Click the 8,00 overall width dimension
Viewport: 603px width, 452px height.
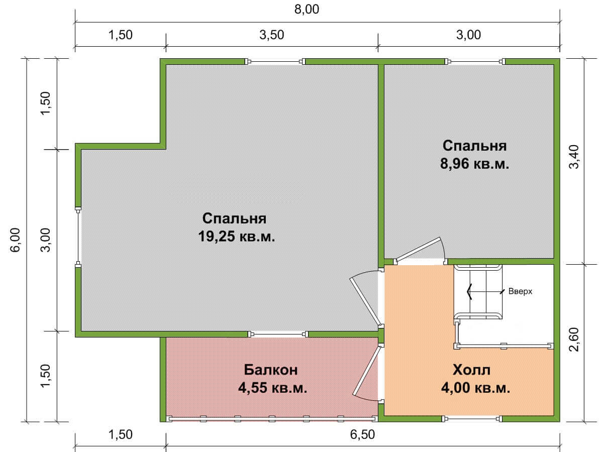(x=307, y=10)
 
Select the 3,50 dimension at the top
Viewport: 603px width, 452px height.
(x=272, y=35)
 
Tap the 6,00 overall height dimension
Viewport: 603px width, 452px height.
(x=16, y=240)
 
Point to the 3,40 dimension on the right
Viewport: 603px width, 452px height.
(x=574, y=157)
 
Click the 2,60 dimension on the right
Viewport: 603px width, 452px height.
(x=574, y=340)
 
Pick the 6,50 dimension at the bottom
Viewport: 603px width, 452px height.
(x=362, y=434)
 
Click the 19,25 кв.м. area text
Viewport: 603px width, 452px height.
(x=237, y=236)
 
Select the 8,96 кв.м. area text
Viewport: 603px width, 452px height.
(x=474, y=164)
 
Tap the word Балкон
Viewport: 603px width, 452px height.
(x=270, y=370)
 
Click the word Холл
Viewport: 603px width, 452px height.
(x=471, y=370)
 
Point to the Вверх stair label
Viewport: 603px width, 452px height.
(x=520, y=291)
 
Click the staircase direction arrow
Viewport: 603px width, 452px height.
(x=485, y=291)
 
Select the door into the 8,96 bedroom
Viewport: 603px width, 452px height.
(x=420, y=250)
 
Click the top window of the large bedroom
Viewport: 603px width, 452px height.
(x=275, y=61)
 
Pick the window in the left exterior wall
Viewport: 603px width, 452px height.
(x=78, y=236)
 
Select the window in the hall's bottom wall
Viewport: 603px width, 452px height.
(x=472, y=418)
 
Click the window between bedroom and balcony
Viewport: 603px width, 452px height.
(x=278, y=334)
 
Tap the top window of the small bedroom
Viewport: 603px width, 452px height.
(x=475, y=61)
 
